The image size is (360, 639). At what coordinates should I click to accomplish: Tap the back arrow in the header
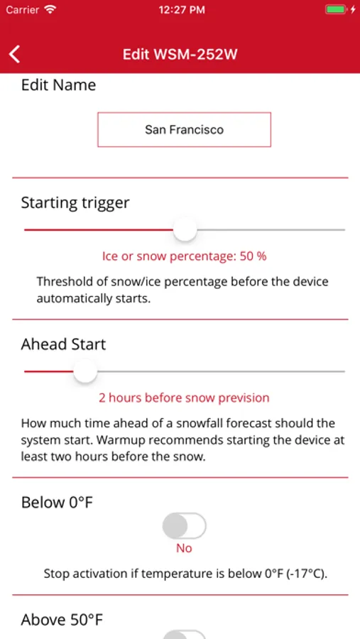(15, 54)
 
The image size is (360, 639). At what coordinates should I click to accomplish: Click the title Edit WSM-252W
(180, 54)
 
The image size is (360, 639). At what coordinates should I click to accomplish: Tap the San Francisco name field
(185, 130)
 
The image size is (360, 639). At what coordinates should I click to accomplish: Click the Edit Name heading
(59, 85)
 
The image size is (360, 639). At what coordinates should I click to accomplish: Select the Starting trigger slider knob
(185, 229)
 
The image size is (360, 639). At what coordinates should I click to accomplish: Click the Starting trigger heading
(75, 203)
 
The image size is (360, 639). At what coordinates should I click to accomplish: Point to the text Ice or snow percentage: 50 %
(185, 256)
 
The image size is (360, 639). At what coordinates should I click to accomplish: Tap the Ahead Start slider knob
(85, 371)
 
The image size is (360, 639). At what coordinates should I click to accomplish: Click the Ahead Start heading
(64, 344)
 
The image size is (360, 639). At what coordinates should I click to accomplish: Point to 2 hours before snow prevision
(185, 398)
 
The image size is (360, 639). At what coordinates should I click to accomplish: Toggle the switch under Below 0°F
(185, 526)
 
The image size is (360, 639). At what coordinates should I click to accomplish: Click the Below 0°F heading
(57, 503)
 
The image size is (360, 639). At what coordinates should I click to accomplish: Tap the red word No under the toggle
(185, 549)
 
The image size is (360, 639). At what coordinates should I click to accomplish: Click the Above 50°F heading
(62, 621)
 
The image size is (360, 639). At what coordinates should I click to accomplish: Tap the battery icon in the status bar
(336, 10)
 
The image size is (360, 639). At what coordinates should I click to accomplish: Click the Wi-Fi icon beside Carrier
(50, 10)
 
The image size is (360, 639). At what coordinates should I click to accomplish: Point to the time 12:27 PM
(182, 10)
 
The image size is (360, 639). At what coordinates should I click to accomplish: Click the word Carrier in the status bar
(23, 10)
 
